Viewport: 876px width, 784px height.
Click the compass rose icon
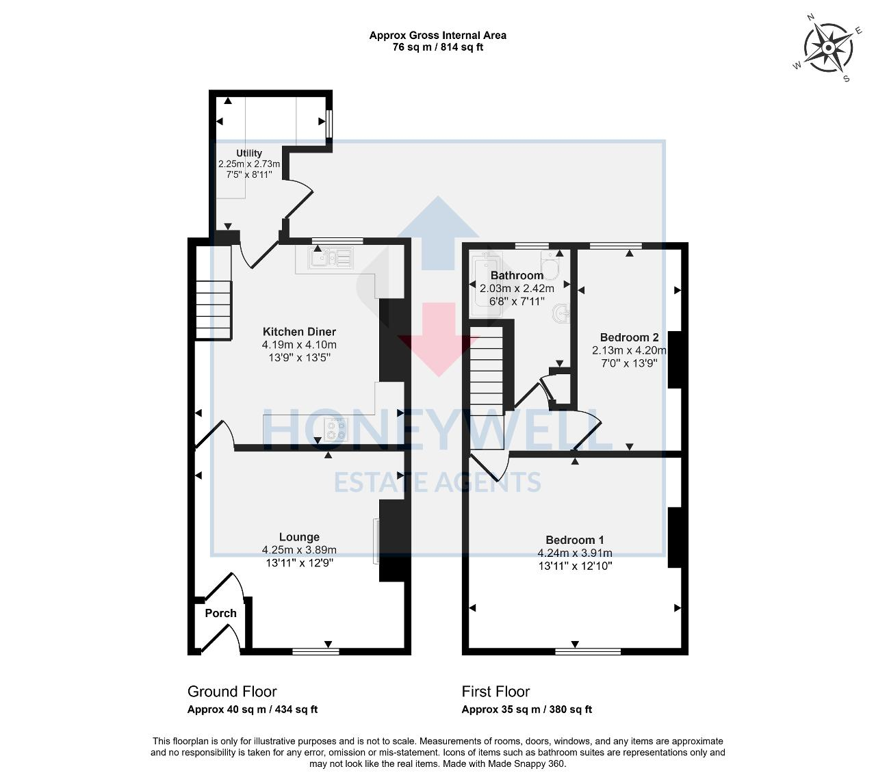(x=827, y=48)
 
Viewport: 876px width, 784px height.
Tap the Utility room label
(x=248, y=153)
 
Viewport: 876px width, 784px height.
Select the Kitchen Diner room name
(x=299, y=332)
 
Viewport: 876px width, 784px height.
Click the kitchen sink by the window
(x=331, y=257)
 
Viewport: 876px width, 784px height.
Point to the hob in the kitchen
(x=335, y=430)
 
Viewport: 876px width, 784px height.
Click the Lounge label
(x=299, y=537)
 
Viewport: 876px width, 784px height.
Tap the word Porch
(x=220, y=613)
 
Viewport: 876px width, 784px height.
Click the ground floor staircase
(x=214, y=310)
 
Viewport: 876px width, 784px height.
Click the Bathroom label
(x=517, y=275)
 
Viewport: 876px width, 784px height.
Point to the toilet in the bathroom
(x=550, y=265)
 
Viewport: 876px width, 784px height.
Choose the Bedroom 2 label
(x=629, y=337)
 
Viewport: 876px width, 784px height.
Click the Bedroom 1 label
(x=575, y=540)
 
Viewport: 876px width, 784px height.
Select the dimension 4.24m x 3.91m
(x=575, y=553)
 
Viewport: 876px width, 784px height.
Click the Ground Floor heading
(x=232, y=692)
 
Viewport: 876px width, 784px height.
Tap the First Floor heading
(x=495, y=692)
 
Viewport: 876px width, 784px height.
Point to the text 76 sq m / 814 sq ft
(x=437, y=47)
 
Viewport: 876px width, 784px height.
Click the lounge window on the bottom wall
(x=315, y=651)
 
